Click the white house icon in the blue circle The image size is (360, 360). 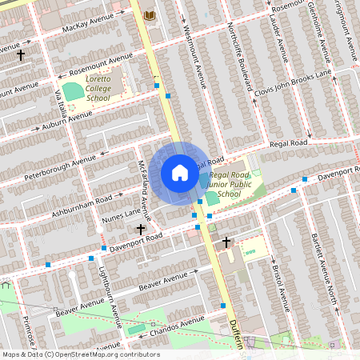180,173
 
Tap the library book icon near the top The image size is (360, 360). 149,15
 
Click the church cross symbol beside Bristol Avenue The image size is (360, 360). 226,242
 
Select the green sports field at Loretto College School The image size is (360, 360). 74,91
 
